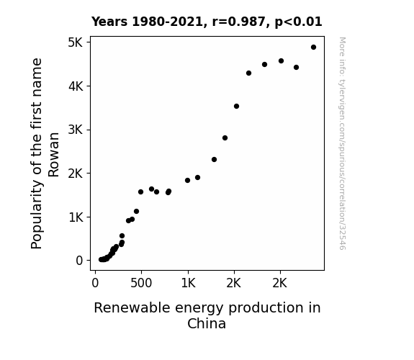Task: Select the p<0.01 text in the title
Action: pos(298,22)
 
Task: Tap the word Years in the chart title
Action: pos(109,22)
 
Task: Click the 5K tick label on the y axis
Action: pos(76,42)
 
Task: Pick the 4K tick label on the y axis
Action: pos(76,86)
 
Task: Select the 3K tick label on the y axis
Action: pos(76,130)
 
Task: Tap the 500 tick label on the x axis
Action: pos(141,283)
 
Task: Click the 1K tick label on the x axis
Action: pos(188,283)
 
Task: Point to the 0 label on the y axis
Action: pos(79,261)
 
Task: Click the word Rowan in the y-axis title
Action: pos(53,155)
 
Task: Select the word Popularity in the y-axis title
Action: pos(37,215)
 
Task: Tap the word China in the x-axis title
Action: pos(207,323)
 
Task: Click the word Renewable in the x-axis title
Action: pos(132,307)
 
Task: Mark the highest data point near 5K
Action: pos(313,48)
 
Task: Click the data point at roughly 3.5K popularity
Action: pos(237,106)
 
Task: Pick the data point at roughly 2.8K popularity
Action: pos(225,138)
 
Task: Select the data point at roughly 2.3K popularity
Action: pos(214,160)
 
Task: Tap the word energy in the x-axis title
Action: pos(199,308)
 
